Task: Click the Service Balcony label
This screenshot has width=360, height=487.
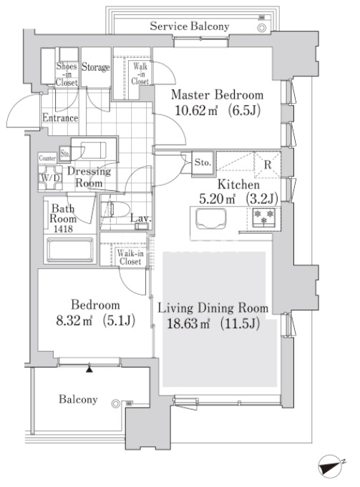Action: click(x=190, y=26)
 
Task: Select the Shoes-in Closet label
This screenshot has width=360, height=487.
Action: click(x=67, y=74)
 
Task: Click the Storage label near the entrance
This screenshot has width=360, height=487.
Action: click(x=96, y=67)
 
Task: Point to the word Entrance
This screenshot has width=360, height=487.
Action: click(x=60, y=118)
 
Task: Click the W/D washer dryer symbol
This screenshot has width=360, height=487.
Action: click(x=50, y=177)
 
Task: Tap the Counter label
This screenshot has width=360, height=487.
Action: click(x=47, y=158)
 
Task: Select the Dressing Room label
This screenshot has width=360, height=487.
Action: click(x=89, y=177)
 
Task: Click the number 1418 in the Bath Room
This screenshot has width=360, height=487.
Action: click(x=63, y=229)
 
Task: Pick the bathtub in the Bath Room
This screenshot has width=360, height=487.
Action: click(x=70, y=250)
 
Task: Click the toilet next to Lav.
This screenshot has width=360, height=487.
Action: click(x=117, y=210)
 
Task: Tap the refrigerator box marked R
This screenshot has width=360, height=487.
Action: click(x=268, y=164)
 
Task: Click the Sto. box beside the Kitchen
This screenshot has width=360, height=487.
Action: click(x=203, y=162)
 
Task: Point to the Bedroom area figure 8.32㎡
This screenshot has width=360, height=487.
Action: click(x=74, y=320)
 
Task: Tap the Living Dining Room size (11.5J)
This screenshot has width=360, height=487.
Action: click(x=240, y=324)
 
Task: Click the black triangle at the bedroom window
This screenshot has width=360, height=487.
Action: click(x=89, y=369)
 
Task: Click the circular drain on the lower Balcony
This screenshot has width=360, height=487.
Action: click(x=115, y=403)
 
